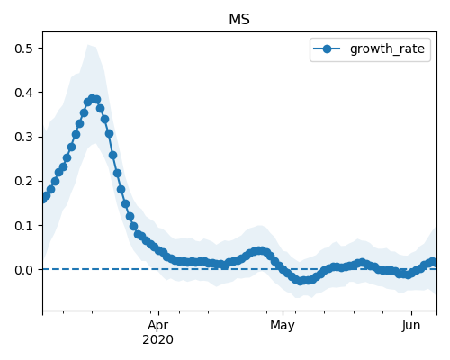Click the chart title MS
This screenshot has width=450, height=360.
(239, 20)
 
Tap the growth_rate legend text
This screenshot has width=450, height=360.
(387, 49)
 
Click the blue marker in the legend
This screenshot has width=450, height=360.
(327, 49)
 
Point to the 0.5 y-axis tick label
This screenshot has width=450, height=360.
(23, 49)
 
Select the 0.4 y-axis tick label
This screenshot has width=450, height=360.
(23, 93)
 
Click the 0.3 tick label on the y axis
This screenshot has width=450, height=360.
(23, 137)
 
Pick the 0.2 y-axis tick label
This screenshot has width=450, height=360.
(23, 181)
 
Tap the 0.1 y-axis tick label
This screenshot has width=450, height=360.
(23, 226)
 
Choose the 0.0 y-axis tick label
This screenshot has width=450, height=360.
(23, 270)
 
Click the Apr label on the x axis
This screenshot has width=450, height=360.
(158, 326)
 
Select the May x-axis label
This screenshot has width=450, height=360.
(283, 326)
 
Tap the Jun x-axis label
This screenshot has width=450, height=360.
(411, 326)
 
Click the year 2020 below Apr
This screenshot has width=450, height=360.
(157, 340)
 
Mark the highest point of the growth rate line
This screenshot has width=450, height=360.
(93, 99)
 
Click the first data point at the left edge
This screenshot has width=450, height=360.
(43, 199)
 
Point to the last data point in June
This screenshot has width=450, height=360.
(433, 262)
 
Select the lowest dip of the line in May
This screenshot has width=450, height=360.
(301, 281)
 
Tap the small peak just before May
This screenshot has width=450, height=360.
(260, 251)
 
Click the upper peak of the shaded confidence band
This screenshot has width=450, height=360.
(88, 45)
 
